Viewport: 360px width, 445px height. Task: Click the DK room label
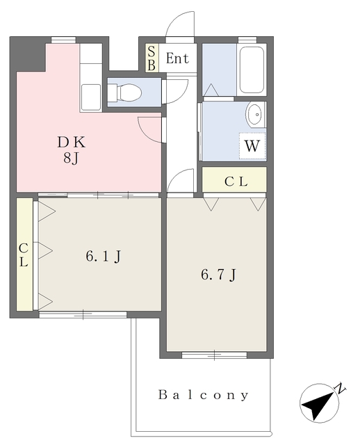coord(71,142)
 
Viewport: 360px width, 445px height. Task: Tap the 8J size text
coord(71,158)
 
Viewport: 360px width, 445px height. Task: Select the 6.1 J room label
coord(104,257)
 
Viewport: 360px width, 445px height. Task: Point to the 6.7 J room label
coord(218,275)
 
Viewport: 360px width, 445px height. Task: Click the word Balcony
coord(204,395)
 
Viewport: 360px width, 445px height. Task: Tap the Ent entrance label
coord(177,58)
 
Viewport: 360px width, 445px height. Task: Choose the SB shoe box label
coord(152,58)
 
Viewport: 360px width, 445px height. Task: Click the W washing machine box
coord(252,146)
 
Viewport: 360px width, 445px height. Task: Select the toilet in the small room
coord(124,92)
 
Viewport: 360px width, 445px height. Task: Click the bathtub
coord(252,70)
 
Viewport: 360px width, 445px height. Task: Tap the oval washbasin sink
coord(256,114)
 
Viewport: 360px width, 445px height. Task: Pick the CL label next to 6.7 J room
coord(236,181)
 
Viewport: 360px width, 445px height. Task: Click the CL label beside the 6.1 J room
coord(24,255)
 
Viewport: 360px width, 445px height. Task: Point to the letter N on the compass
coord(340,388)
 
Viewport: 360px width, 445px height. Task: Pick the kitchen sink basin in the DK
coord(91,97)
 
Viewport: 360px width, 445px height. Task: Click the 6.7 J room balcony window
coord(215,355)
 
